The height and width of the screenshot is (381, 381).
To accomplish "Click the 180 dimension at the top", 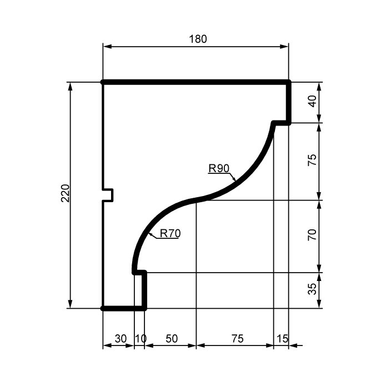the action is point(198,39).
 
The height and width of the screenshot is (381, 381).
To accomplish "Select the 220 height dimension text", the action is point(65,193).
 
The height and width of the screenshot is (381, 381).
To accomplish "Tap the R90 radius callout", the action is point(219,168).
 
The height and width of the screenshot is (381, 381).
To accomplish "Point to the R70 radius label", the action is point(170,233).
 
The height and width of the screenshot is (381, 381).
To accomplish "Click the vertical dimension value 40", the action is point(312,101).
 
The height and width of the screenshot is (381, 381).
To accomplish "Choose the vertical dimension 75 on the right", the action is point(312,160).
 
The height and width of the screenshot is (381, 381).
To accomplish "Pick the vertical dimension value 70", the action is point(312,235).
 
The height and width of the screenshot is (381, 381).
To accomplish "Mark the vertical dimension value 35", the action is point(312,289).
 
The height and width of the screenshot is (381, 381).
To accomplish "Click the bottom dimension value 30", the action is point(121,338).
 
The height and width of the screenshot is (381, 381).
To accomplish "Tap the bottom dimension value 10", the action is point(141,338).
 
